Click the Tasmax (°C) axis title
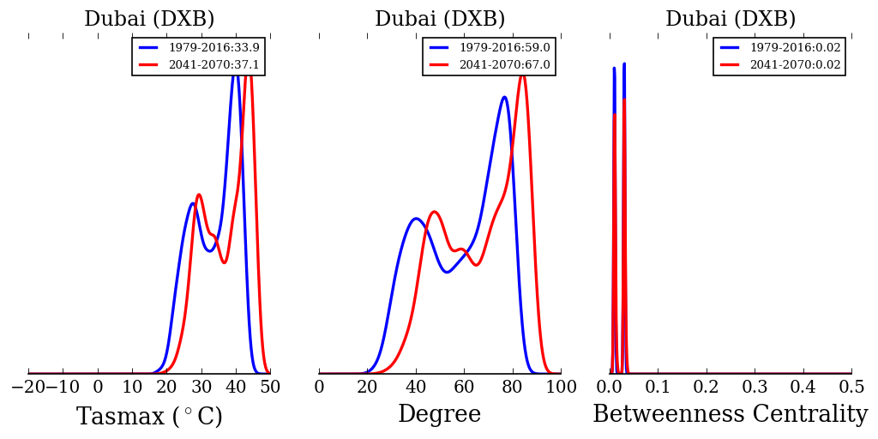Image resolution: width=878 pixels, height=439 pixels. (x=149, y=417)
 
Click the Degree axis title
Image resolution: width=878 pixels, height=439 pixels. (x=439, y=415)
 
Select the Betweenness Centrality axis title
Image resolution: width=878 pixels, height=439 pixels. (x=730, y=415)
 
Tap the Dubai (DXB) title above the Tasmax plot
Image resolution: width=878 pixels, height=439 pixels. (x=149, y=20)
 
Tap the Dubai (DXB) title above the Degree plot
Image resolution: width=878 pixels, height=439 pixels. (x=440, y=20)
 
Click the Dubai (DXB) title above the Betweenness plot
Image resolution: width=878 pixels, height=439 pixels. (x=731, y=20)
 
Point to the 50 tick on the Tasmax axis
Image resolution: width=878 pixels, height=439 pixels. (x=270, y=387)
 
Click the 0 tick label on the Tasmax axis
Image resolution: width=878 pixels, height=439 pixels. (x=98, y=387)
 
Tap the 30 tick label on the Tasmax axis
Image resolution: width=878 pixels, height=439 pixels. (x=201, y=387)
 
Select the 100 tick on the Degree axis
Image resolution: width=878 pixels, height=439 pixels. (x=561, y=387)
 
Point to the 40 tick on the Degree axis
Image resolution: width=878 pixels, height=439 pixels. (x=416, y=387)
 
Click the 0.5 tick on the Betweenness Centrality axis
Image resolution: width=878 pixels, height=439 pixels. (x=851, y=387)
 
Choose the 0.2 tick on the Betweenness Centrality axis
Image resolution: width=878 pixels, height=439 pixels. (x=707, y=387)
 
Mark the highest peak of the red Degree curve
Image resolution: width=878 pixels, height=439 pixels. (x=521, y=75)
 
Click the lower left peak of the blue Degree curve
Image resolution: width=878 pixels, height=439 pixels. (x=416, y=218)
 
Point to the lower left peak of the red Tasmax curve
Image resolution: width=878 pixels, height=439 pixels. (x=198, y=195)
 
